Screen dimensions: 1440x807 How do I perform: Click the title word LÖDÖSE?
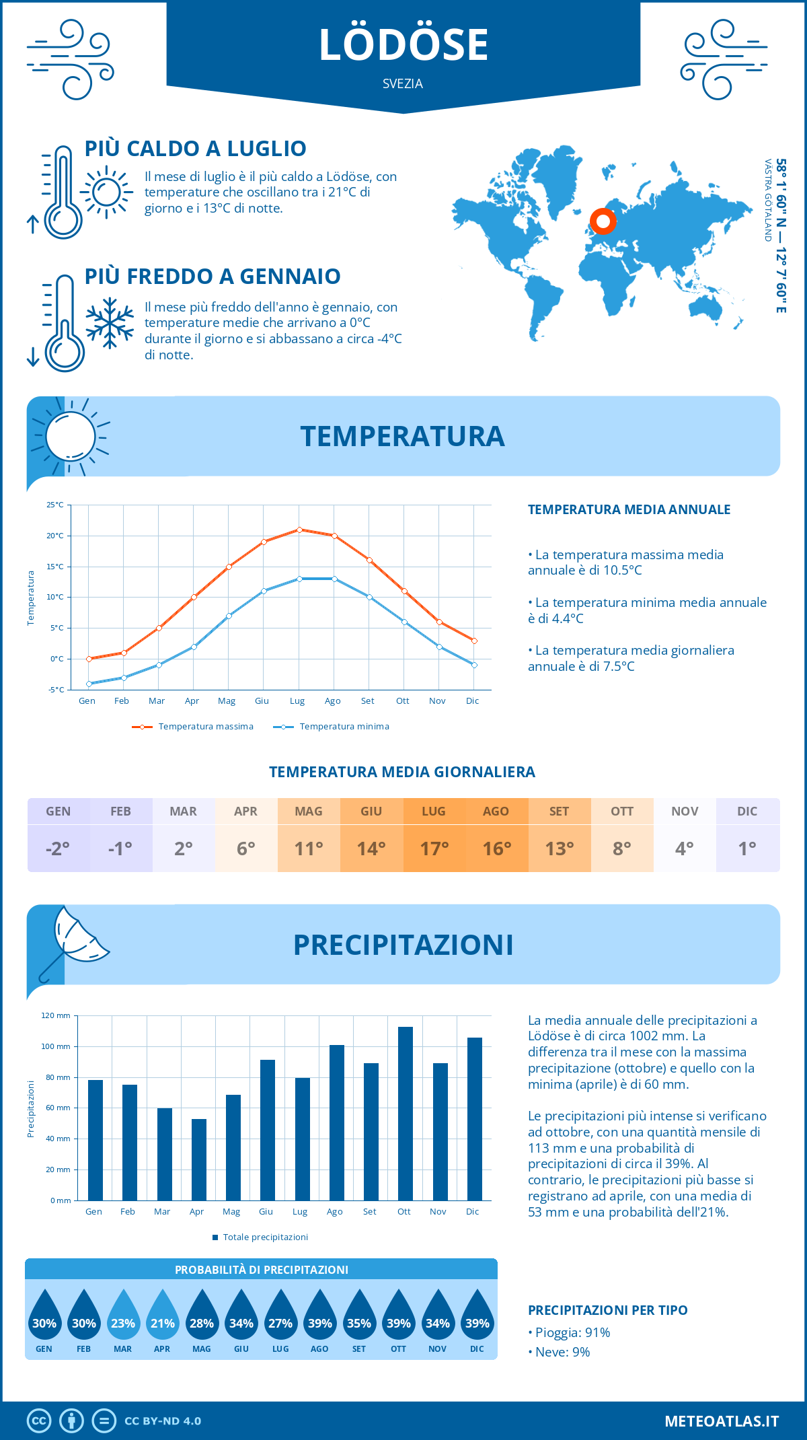[403, 45]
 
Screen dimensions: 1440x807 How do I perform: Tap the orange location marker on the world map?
[603, 221]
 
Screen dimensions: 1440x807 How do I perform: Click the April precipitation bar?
[198, 1159]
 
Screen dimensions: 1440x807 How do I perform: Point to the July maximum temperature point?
[299, 530]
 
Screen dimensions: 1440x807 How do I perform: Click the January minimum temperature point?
[89, 684]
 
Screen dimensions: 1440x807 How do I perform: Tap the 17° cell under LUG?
[434, 849]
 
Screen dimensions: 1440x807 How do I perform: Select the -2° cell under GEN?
[58, 849]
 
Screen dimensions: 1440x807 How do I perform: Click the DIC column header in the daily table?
[747, 812]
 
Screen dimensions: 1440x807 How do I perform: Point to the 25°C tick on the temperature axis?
[55, 505]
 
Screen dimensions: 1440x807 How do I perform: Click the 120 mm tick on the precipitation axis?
[56, 1015]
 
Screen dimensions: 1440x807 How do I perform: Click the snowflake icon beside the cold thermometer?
[109, 323]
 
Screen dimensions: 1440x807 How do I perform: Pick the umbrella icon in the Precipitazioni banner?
[74, 939]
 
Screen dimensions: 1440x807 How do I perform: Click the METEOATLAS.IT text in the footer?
[722, 1421]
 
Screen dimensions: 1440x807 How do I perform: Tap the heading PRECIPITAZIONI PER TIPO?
[607, 1310]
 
